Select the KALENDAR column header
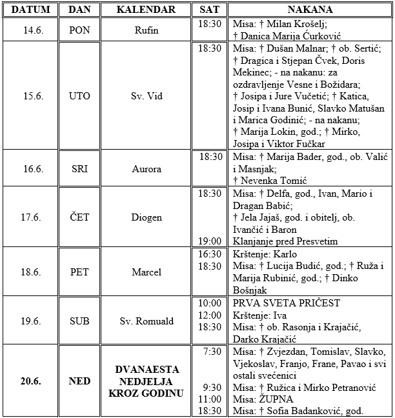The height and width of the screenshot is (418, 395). [146, 10]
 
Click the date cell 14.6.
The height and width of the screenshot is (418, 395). [30, 29]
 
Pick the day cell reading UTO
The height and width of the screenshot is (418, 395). [79, 96]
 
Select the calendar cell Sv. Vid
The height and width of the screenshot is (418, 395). [146, 96]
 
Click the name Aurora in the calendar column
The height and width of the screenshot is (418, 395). [146, 168]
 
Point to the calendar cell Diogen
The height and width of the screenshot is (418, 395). [146, 217]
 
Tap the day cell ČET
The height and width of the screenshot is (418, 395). [79, 217]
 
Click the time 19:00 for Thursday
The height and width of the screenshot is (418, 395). [210, 241]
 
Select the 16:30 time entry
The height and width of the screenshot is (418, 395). [210, 254]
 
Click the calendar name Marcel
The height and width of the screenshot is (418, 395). [146, 272]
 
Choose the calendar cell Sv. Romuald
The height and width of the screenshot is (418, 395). [146, 321]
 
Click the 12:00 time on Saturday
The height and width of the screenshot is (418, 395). [210, 315]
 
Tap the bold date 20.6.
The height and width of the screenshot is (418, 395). [30, 381]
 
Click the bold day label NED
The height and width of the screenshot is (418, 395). [79, 381]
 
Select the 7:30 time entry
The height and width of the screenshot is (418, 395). [211, 352]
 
